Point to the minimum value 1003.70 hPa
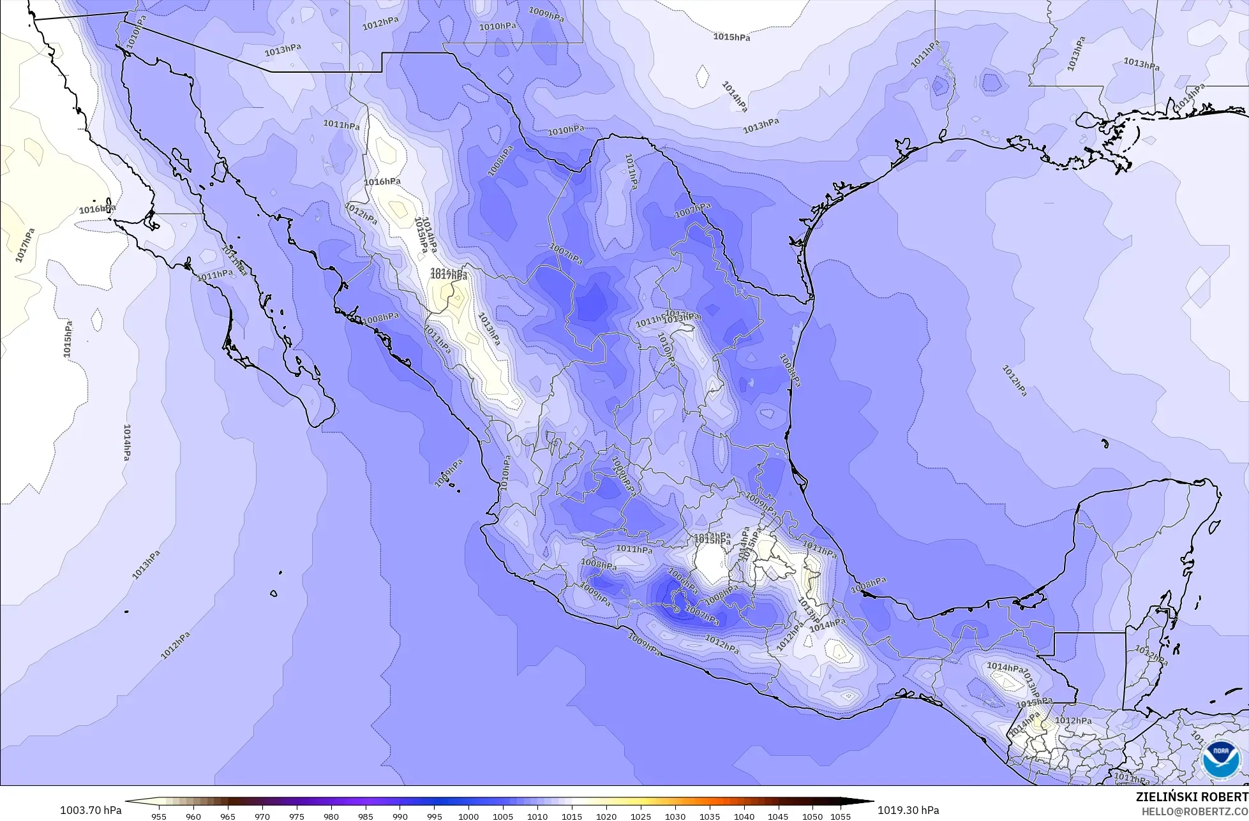(x=91, y=810)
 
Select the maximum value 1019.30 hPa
(x=908, y=810)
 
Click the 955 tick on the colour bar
(x=159, y=817)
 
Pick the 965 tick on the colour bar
(x=228, y=817)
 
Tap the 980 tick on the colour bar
(x=331, y=817)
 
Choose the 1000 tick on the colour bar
(x=468, y=817)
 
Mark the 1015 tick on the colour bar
(x=572, y=817)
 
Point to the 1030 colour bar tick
(x=675, y=817)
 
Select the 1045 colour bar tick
(x=778, y=817)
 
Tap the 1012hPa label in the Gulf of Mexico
(x=1014, y=381)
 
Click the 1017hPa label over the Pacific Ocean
(x=25, y=246)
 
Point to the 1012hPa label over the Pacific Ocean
(x=176, y=646)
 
